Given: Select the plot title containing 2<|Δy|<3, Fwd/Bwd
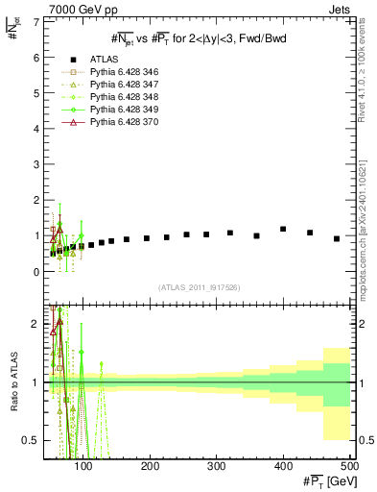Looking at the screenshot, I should (198, 38).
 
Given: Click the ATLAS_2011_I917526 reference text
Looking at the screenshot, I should (198, 287).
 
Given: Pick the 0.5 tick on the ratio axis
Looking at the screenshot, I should (33, 440).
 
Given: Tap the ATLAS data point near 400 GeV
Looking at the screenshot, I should (283, 229).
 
